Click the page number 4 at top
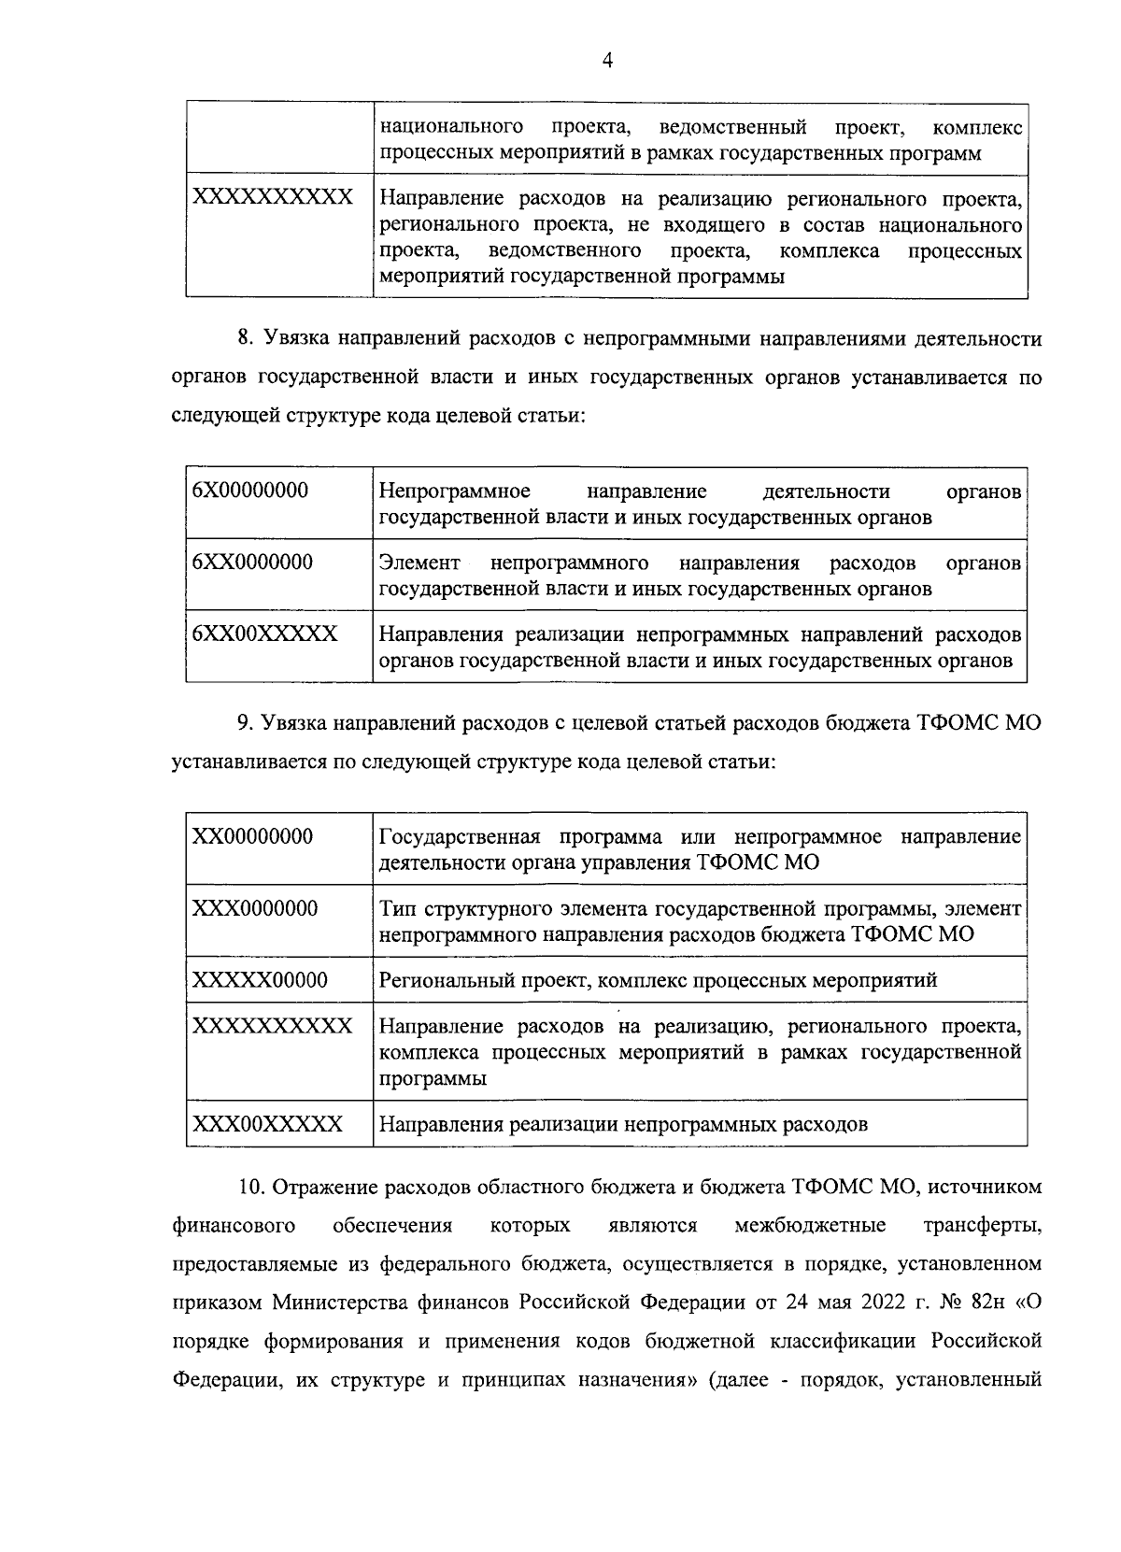pyautogui.click(x=608, y=61)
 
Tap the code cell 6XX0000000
pyautogui.click(x=252, y=562)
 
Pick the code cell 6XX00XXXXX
pyautogui.click(x=264, y=634)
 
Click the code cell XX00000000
pyautogui.click(x=252, y=836)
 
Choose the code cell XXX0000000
pyautogui.click(x=254, y=908)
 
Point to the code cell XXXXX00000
pyautogui.click(x=260, y=980)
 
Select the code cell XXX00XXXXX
pyautogui.click(x=267, y=1124)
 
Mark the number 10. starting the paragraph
pyautogui.click(x=251, y=1187)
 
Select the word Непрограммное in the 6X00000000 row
pyautogui.click(x=455, y=491)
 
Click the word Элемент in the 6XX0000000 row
pyautogui.click(x=419, y=562)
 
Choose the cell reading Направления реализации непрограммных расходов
pyautogui.click(x=623, y=1124)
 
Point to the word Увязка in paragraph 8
pyautogui.click(x=298, y=337)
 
